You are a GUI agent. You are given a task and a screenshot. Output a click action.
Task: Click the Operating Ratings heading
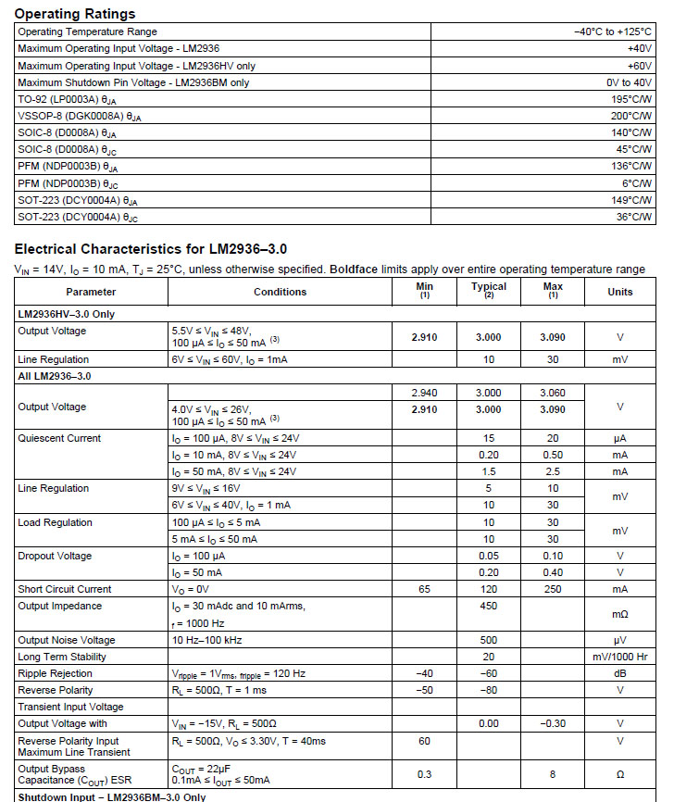click(x=75, y=13)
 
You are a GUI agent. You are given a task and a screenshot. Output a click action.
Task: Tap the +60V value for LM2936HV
click(x=640, y=65)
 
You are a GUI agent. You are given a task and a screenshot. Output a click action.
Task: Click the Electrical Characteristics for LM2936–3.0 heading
click(x=151, y=249)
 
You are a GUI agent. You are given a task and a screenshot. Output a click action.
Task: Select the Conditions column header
click(x=280, y=292)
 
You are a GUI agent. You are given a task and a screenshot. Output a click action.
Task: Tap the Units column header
click(x=619, y=292)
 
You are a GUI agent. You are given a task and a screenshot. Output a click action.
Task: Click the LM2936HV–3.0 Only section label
click(x=67, y=314)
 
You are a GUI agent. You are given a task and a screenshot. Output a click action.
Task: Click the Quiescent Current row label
click(x=59, y=438)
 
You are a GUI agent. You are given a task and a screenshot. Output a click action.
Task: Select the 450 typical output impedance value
click(x=488, y=606)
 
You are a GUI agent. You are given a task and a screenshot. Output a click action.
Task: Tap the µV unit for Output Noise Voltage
click(x=619, y=640)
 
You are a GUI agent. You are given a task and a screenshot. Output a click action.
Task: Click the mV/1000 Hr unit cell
click(x=619, y=657)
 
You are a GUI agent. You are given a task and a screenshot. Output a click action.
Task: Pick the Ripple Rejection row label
click(x=56, y=673)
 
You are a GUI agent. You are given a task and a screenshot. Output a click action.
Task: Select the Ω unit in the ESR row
click(x=619, y=774)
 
